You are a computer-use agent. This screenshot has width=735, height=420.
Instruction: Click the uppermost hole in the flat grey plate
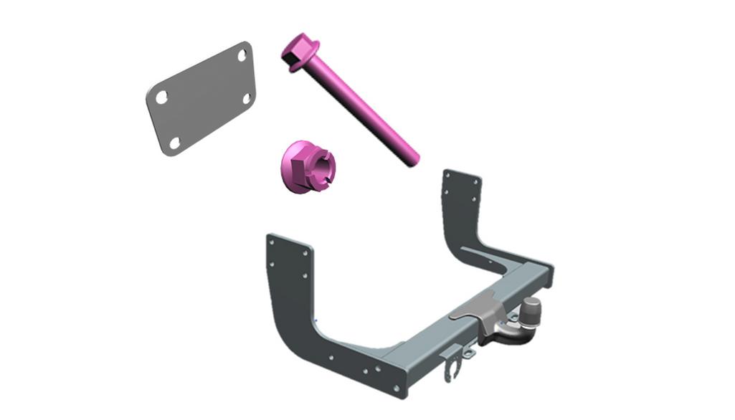pyautogui.click(x=242, y=54)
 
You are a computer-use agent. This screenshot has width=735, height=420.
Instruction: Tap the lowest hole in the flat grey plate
pyautogui.click(x=174, y=143)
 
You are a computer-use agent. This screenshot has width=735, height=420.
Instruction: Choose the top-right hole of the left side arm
pyautogui.click(x=306, y=252)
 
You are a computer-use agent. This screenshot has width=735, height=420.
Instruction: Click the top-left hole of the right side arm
pyautogui.click(x=449, y=176)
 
